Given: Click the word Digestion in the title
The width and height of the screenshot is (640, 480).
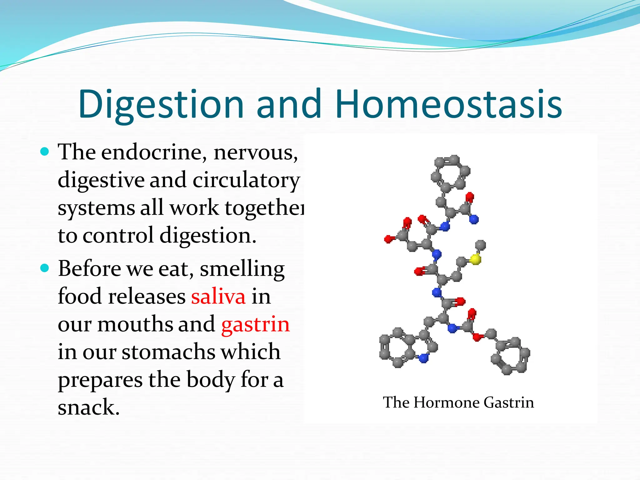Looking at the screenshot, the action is pos(161,105).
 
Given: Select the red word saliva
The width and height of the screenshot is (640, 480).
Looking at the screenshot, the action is pos(218,297).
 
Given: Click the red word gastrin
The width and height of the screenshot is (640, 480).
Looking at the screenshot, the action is pos(255,324).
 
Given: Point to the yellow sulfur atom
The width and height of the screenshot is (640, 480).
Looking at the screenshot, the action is pos(475,259).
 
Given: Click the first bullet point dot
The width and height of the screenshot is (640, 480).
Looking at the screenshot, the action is pos(45,152).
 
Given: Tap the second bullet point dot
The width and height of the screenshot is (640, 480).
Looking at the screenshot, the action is pos(45,268).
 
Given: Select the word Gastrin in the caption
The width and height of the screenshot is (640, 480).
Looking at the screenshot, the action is pos(508,402).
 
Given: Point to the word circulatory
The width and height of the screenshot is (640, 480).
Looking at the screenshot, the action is pos(246,181).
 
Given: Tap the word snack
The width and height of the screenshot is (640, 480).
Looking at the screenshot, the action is pos(88,407).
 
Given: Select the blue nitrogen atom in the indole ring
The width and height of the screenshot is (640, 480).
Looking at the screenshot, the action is pos(423,358).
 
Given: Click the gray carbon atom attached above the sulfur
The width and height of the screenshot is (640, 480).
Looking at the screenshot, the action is pos(480,245).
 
